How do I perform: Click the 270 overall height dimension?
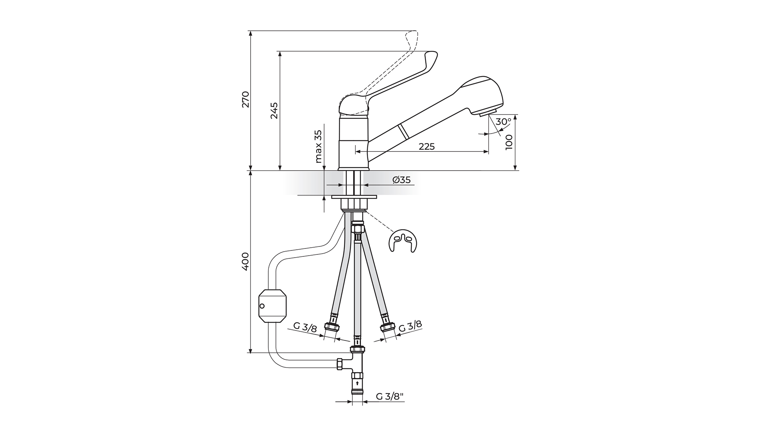coord(246,99)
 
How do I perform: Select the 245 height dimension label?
coord(274,111)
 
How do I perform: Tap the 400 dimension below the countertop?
coord(245,261)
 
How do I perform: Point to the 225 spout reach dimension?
coord(427,147)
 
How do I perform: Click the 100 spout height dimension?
coord(509,142)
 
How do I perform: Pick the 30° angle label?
coord(503,122)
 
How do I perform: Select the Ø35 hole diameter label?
coord(401,180)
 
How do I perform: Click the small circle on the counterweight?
coord(262,306)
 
